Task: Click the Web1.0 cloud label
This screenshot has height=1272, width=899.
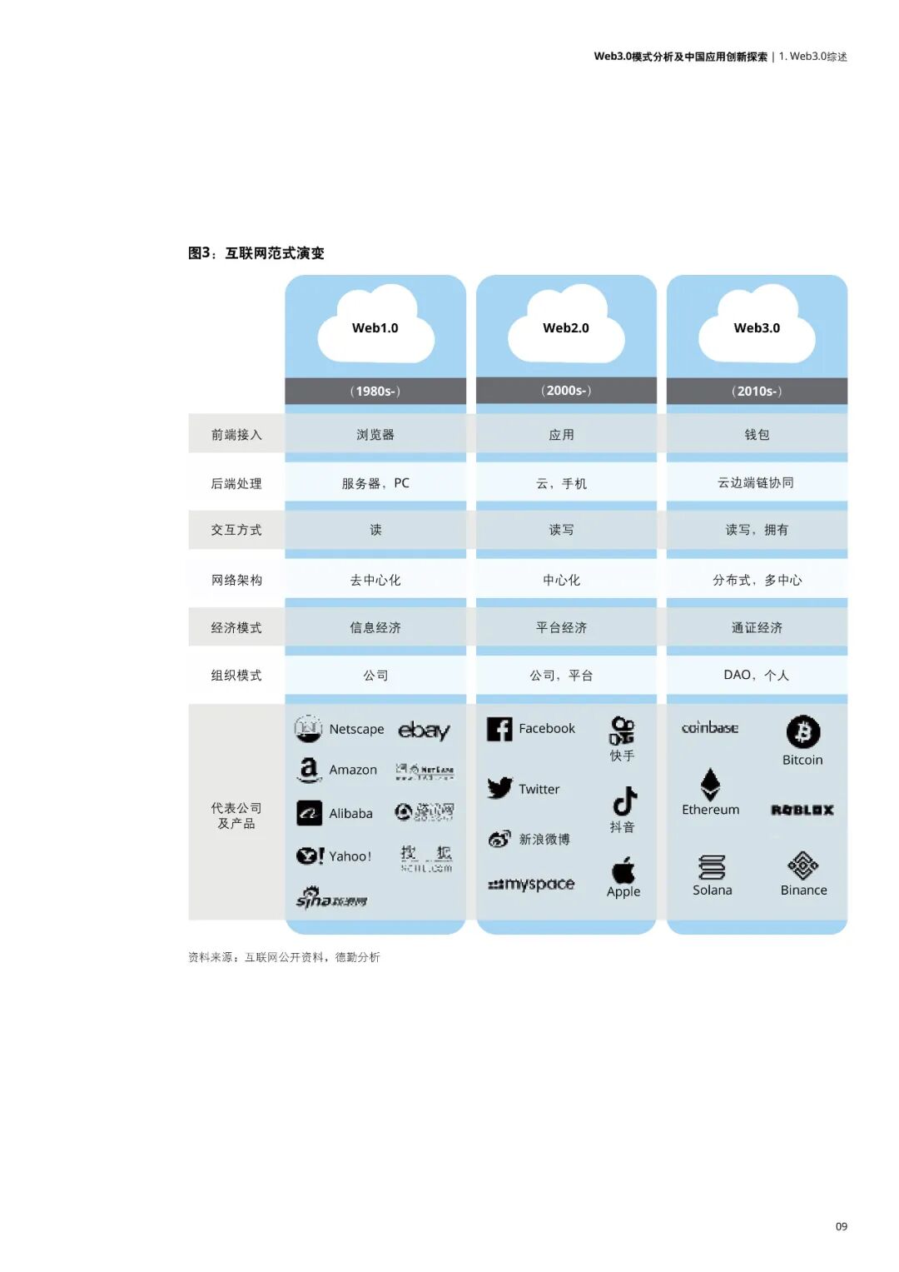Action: [x=375, y=328]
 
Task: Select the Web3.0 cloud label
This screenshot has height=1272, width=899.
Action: [x=757, y=328]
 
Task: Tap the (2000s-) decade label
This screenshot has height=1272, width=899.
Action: [x=566, y=391]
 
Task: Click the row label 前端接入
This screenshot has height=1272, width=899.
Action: [x=236, y=435]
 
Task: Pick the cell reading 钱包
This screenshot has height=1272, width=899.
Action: [x=757, y=435]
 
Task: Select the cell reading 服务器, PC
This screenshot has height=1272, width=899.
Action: [x=375, y=483]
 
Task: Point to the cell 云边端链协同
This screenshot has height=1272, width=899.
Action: [x=756, y=483]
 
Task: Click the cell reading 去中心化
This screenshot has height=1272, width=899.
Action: [x=375, y=580]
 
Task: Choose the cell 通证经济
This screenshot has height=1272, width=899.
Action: [x=757, y=627]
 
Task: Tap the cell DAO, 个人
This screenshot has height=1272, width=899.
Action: [x=756, y=675]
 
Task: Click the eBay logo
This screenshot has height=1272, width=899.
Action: [x=424, y=731]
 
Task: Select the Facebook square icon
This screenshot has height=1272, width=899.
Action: [x=499, y=729]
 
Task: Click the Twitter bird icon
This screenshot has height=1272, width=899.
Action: [x=500, y=788]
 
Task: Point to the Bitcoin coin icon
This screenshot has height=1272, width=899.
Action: [x=802, y=732]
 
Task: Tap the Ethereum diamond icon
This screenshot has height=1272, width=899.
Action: [x=710, y=784]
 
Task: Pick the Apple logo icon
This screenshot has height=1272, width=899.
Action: [x=623, y=870]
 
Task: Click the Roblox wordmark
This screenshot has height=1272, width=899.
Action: [x=802, y=810]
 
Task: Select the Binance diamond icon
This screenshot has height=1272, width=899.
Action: [x=802, y=865]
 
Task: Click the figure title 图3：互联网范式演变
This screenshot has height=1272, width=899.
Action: [x=256, y=253]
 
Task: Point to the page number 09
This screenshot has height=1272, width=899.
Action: [x=842, y=1226]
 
